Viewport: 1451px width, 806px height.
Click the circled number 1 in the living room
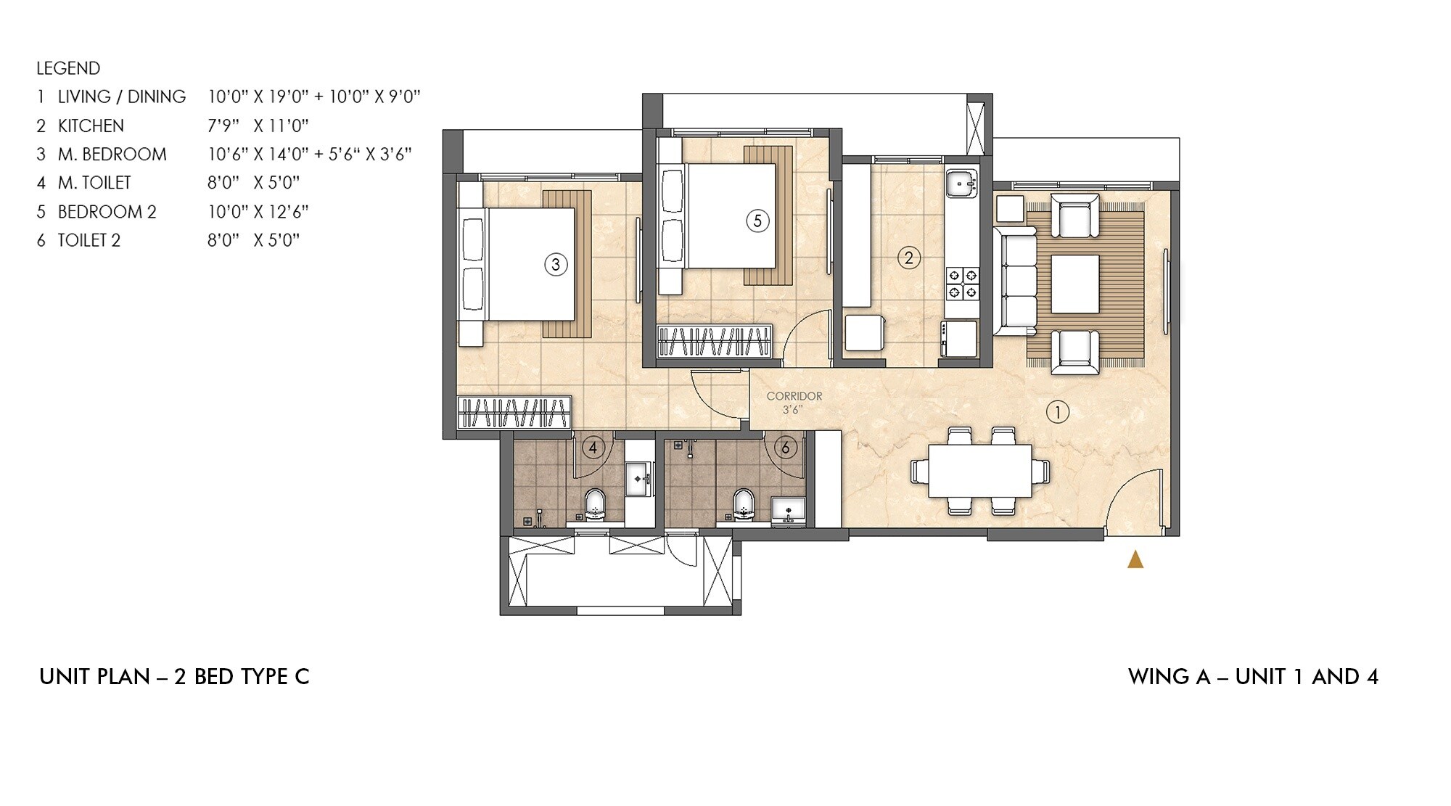1057,413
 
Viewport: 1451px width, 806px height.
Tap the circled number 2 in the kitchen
908,258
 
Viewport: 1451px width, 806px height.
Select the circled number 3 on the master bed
556,265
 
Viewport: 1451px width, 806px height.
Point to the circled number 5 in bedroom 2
757,221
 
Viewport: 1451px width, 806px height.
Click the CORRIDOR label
794,396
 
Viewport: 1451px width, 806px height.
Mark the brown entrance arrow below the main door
1135,559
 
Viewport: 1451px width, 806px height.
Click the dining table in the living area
979,470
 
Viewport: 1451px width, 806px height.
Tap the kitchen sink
962,184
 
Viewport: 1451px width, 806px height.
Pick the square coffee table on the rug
1074,284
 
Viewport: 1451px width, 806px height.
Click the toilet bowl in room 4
595,504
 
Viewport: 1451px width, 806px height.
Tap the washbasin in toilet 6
788,509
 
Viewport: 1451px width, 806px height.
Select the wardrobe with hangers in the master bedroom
514,413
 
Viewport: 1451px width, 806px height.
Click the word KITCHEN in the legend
91,126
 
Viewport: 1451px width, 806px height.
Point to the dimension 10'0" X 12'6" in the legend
258,212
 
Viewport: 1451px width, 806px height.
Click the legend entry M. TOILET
94,183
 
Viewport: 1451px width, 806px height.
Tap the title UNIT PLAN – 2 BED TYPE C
174,677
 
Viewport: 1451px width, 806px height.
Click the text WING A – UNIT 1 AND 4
1253,677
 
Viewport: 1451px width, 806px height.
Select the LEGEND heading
68,68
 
